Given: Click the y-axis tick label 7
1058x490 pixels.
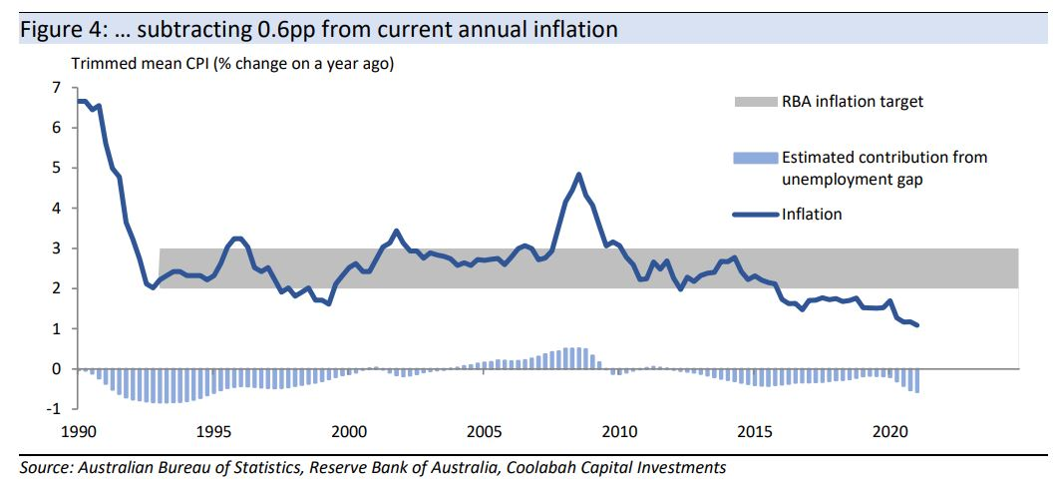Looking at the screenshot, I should (56, 88).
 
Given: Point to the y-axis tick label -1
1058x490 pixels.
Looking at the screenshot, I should (53, 409).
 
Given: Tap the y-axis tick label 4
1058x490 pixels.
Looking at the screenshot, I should (56, 209).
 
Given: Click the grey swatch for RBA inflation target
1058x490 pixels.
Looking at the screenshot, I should (754, 102).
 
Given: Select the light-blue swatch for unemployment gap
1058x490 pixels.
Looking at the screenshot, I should (754, 158).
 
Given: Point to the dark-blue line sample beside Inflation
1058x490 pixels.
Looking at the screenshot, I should (754, 214).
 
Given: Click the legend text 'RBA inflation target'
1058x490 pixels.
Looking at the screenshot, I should (853, 102).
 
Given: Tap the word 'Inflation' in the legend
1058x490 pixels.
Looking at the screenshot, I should (812, 214).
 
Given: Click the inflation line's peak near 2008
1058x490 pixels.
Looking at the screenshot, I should (578, 175).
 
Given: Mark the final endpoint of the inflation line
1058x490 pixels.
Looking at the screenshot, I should (917, 325).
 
